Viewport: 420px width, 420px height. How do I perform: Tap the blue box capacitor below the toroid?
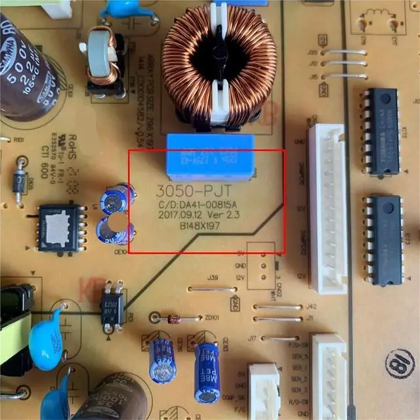(x=211, y=156)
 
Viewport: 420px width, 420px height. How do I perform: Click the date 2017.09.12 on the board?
(x=180, y=215)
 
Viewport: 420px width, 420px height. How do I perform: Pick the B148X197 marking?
(x=199, y=226)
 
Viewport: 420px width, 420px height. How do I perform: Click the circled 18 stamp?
(x=400, y=362)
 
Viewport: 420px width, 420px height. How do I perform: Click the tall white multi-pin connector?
(x=327, y=207)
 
